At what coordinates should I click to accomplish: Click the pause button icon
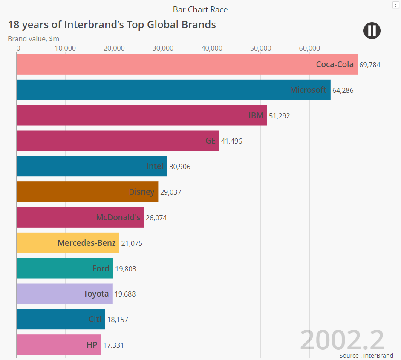[372, 31]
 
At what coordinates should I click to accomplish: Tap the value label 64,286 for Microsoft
[343, 90]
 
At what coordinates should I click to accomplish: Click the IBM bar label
[256, 115]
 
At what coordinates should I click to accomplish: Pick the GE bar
[118, 141]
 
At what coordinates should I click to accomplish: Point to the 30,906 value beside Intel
[180, 167]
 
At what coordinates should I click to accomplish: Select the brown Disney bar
[87, 192]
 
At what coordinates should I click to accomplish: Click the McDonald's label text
[118, 218]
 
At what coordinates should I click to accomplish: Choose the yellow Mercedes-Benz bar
[68, 243]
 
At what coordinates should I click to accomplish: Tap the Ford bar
[65, 268]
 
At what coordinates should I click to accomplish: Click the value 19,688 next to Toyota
[125, 294]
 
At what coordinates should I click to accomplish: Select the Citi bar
[61, 319]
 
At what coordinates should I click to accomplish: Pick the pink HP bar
[59, 345]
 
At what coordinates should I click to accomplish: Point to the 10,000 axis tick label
[65, 48]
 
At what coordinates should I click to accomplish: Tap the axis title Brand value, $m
[33, 39]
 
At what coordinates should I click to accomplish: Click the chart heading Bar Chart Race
[200, 9]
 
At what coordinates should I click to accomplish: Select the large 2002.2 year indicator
[342, 340]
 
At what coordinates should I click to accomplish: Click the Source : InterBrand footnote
[366, 355]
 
